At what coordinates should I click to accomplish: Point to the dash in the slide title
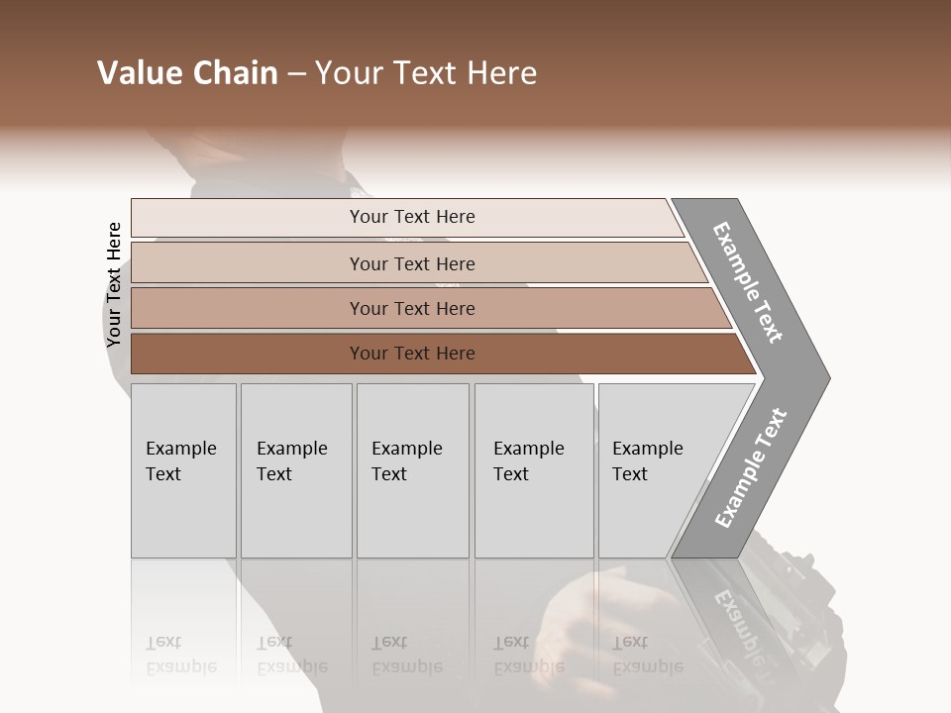pos(296,74)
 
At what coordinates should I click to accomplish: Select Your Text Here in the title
pos(426,73)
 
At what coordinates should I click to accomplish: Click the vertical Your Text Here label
pos(114,285)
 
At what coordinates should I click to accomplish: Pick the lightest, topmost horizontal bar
pos(411,217)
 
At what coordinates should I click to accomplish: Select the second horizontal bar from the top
pos(411,263)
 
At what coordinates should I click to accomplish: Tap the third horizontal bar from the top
pos(411,308)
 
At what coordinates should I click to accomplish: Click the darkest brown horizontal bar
pos(411,354)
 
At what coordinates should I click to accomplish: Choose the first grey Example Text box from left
pos(183,470)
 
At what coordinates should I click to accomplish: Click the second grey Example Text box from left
pos(296,470)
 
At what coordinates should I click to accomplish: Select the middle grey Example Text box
pos(412,470)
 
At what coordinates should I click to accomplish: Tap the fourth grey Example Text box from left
pos(534,470)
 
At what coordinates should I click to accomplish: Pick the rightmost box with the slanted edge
pos(654,470)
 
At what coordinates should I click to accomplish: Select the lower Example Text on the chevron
pos(750,468)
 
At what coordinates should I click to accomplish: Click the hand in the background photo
pos(584,624)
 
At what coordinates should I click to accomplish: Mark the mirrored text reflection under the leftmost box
pos(180,655)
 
